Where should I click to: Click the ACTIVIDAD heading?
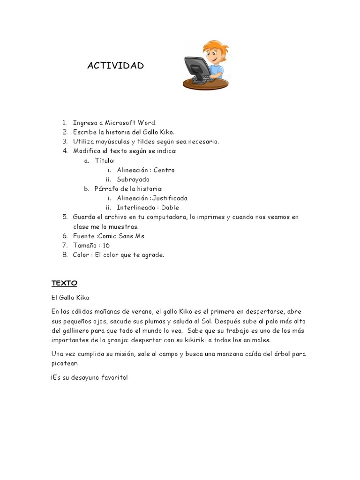[x=115, y=66]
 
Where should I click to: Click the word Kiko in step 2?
[x=166, y=132]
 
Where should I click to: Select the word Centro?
[x=164, y=170]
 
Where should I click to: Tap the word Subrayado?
[x=133, y=179]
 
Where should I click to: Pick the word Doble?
[x=170, y=207]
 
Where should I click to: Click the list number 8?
[x=65, y=255]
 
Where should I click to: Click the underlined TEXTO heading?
[x=64, y=283]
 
